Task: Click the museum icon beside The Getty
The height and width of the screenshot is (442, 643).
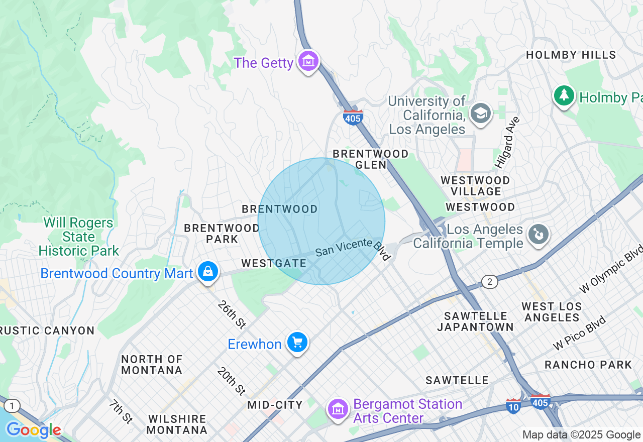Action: [308, 62]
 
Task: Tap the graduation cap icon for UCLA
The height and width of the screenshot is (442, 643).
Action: [481, 114]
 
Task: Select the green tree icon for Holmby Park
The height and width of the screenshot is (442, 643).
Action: [564, 95]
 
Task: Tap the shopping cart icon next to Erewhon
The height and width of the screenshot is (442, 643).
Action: [297, 343]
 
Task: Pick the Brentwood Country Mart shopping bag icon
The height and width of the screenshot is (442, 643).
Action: [207, 272]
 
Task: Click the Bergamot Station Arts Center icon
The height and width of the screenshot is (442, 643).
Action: [338, 409]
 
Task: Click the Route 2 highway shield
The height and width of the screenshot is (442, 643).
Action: [490, 282]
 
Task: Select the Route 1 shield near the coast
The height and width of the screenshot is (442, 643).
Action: [13, 405]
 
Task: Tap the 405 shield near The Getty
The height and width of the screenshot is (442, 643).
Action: [353, 118]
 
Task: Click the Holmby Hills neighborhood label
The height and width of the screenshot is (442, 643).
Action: [571, 55]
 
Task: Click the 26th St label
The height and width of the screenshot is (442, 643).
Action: [231, 315]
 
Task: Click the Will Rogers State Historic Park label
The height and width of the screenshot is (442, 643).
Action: [78, 237]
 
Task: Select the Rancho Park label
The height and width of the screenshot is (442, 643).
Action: [588, 365]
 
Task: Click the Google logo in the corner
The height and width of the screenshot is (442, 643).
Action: [34, 430]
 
